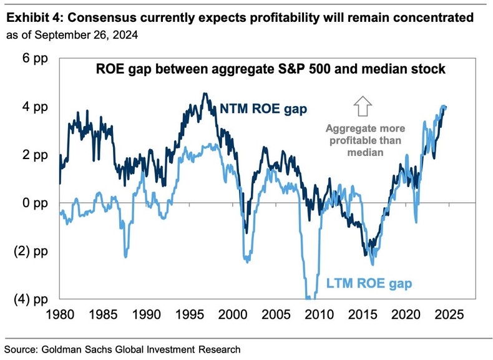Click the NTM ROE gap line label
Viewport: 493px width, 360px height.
click(263, 110)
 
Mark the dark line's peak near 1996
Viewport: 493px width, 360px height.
click(205, 94)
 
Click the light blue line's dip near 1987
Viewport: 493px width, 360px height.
click(125, 256)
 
